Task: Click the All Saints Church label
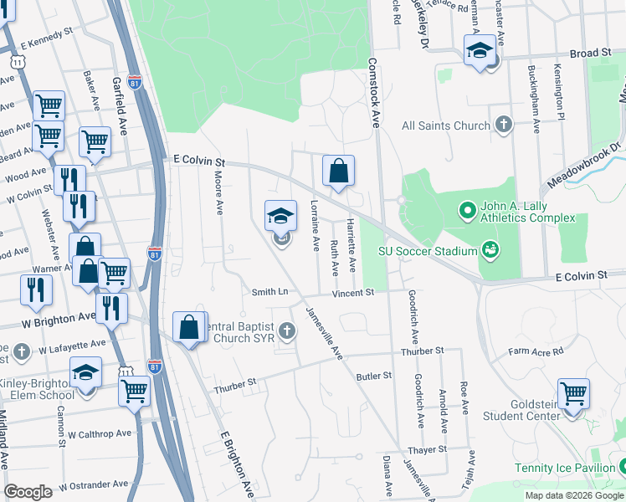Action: [x=445, y=125]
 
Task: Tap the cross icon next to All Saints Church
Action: [x=503, y=125]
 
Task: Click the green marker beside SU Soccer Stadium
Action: [x=490, y=250]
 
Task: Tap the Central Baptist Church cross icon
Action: [x=287, y=331]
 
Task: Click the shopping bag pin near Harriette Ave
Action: [x=338, y=172]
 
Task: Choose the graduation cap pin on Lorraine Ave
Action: [x=281, y=217]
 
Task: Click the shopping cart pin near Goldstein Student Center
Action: [x=573, y=393]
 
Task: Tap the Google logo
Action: [x=28, y=492]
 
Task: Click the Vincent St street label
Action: [x=351, y=293]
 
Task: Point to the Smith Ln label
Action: [x=269, y=292]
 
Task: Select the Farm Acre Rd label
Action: [x=536, y=351]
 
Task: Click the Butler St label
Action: [x=374, y=376]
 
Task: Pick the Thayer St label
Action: [x=429, y=449]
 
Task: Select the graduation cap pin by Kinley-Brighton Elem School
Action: [x=85, y=372]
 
